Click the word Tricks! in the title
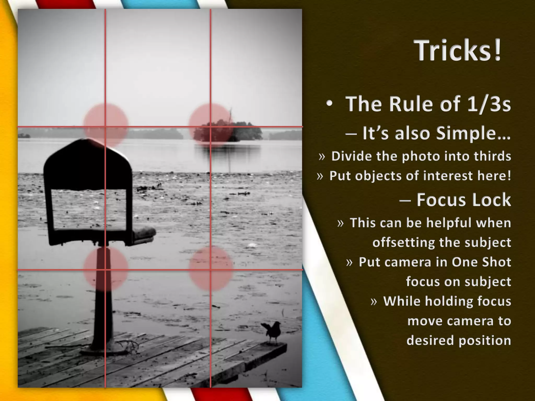point(458,50)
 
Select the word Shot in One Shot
point(496,262)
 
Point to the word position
point(485,340)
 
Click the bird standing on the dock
point(272,331)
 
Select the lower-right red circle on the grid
point(211,269)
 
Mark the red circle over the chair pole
point(106,269)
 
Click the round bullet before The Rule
point(329,104)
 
